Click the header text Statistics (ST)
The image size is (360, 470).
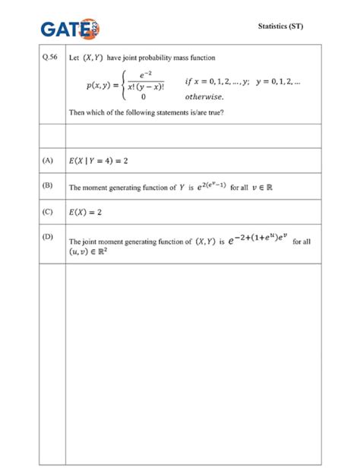(x=281, y=27)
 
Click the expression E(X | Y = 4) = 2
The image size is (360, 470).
(x=98, y=162)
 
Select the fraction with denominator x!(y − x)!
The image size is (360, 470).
(x=142, y=81)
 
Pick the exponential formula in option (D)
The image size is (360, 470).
(x=255, y=239)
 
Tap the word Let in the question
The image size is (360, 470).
(x=74, y=57)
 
